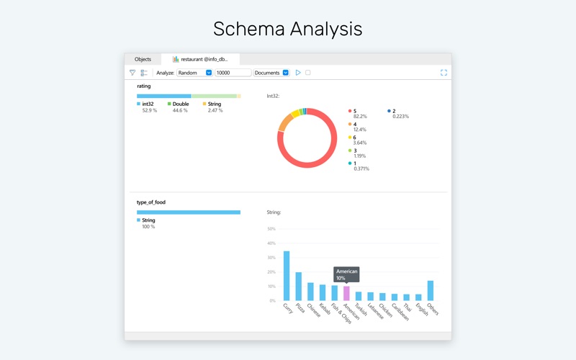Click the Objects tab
[x=143, y=59]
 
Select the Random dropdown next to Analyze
[x=194, y=73]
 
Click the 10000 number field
[x=233, y=73]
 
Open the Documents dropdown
[x=271, y=73]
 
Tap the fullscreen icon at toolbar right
[x=444, y=73]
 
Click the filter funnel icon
[x=132, y=73]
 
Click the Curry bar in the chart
[x=287, y=276]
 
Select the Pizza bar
[x=299, y=286]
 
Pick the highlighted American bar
[x=346, y=293]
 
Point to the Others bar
[x=431, y=290]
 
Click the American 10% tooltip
[x=346, y=274]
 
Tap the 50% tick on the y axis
[x=271, y=229]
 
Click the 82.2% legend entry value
[x=360, y=117]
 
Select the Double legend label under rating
[x=180, y=104]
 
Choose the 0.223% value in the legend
[x=401, y=117]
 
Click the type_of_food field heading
[x=151, y=202]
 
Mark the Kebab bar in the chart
[x=323, y=292]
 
